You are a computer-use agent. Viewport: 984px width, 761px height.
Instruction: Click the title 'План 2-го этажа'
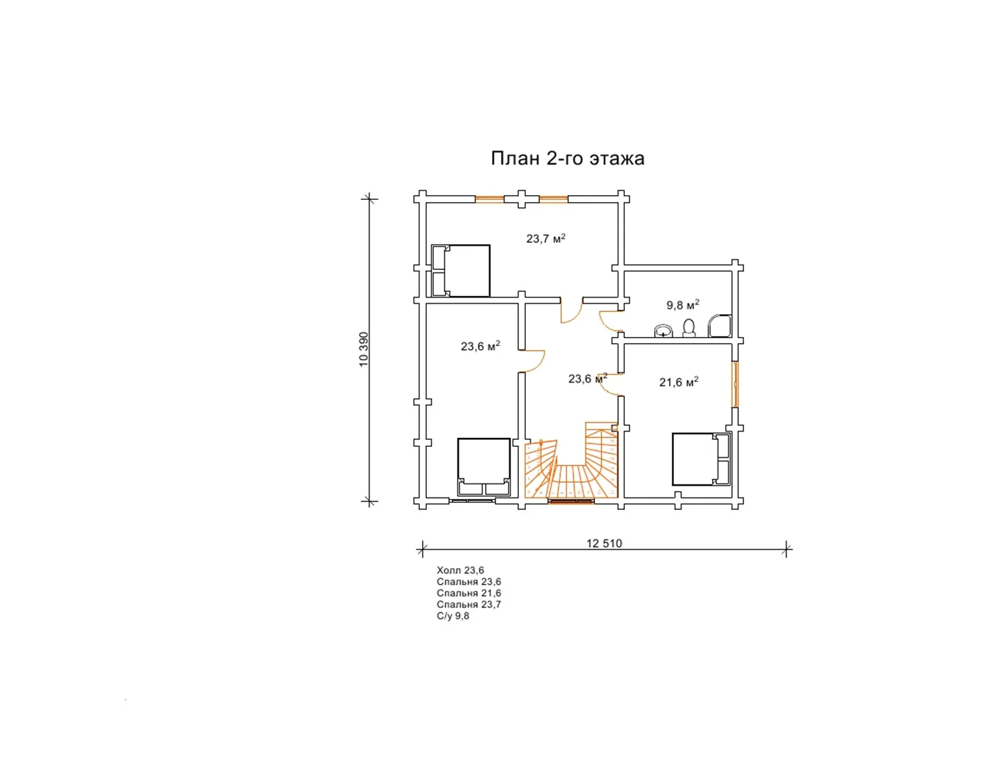[x=567, y=159]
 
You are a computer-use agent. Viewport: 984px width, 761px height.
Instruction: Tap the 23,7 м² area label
[x=546, y=238]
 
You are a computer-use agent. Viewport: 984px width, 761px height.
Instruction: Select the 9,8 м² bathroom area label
[x=682, y=304]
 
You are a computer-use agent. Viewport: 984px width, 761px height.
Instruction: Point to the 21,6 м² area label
[x=678, y=382]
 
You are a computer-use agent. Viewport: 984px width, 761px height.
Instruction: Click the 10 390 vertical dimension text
[x=364, y=349]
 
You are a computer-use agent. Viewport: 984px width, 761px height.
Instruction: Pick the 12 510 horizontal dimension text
[x=604, y=543]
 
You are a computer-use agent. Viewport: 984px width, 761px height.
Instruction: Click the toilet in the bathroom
[x=689, y=328]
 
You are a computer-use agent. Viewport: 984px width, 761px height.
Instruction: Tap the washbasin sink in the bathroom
[x=664, y=331]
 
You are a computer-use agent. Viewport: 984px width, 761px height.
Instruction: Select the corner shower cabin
[x=720, y=326]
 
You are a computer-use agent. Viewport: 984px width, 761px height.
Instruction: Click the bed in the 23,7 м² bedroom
[x=461, y=271]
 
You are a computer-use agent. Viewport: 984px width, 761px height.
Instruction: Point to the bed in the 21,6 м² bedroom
[x=702, y=459]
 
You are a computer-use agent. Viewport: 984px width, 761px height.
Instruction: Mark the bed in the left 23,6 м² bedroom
[x=484, y=466]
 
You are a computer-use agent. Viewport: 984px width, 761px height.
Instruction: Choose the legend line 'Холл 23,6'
[x=460, y=571]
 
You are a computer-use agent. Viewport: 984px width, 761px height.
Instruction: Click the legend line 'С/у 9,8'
[x=453, y=616]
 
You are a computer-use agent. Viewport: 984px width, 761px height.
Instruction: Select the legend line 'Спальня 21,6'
[x=468, y=593]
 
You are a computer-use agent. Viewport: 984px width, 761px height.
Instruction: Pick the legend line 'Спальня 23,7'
[x=468, y=605]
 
